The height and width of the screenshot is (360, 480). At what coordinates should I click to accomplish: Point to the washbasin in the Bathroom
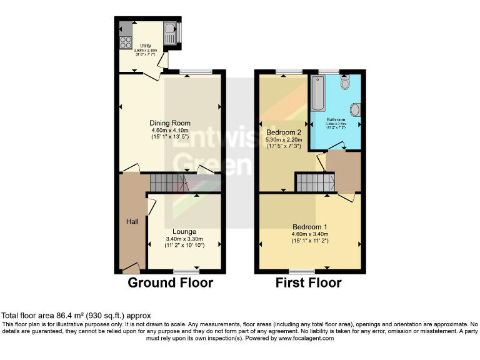355,111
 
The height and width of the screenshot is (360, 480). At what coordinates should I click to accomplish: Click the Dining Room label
169,123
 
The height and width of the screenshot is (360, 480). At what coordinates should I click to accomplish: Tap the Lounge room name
184,232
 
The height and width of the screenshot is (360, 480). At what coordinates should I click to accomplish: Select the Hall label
132,221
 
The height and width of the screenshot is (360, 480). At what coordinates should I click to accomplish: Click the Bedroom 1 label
309,226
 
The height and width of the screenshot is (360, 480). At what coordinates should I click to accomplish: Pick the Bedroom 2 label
284,132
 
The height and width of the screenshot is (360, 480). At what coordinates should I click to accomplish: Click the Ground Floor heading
170,283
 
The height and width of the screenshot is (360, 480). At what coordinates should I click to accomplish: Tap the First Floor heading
309,283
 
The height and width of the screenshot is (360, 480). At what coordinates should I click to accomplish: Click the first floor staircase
316,183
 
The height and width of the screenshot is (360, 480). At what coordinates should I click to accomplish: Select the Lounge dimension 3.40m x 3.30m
184,239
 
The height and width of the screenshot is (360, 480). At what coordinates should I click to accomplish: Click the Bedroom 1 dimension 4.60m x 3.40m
309,234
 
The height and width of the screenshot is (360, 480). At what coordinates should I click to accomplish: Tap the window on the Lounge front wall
186,271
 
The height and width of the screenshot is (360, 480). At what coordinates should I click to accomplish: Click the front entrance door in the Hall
131,269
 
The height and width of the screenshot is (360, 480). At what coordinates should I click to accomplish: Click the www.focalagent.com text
303,338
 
